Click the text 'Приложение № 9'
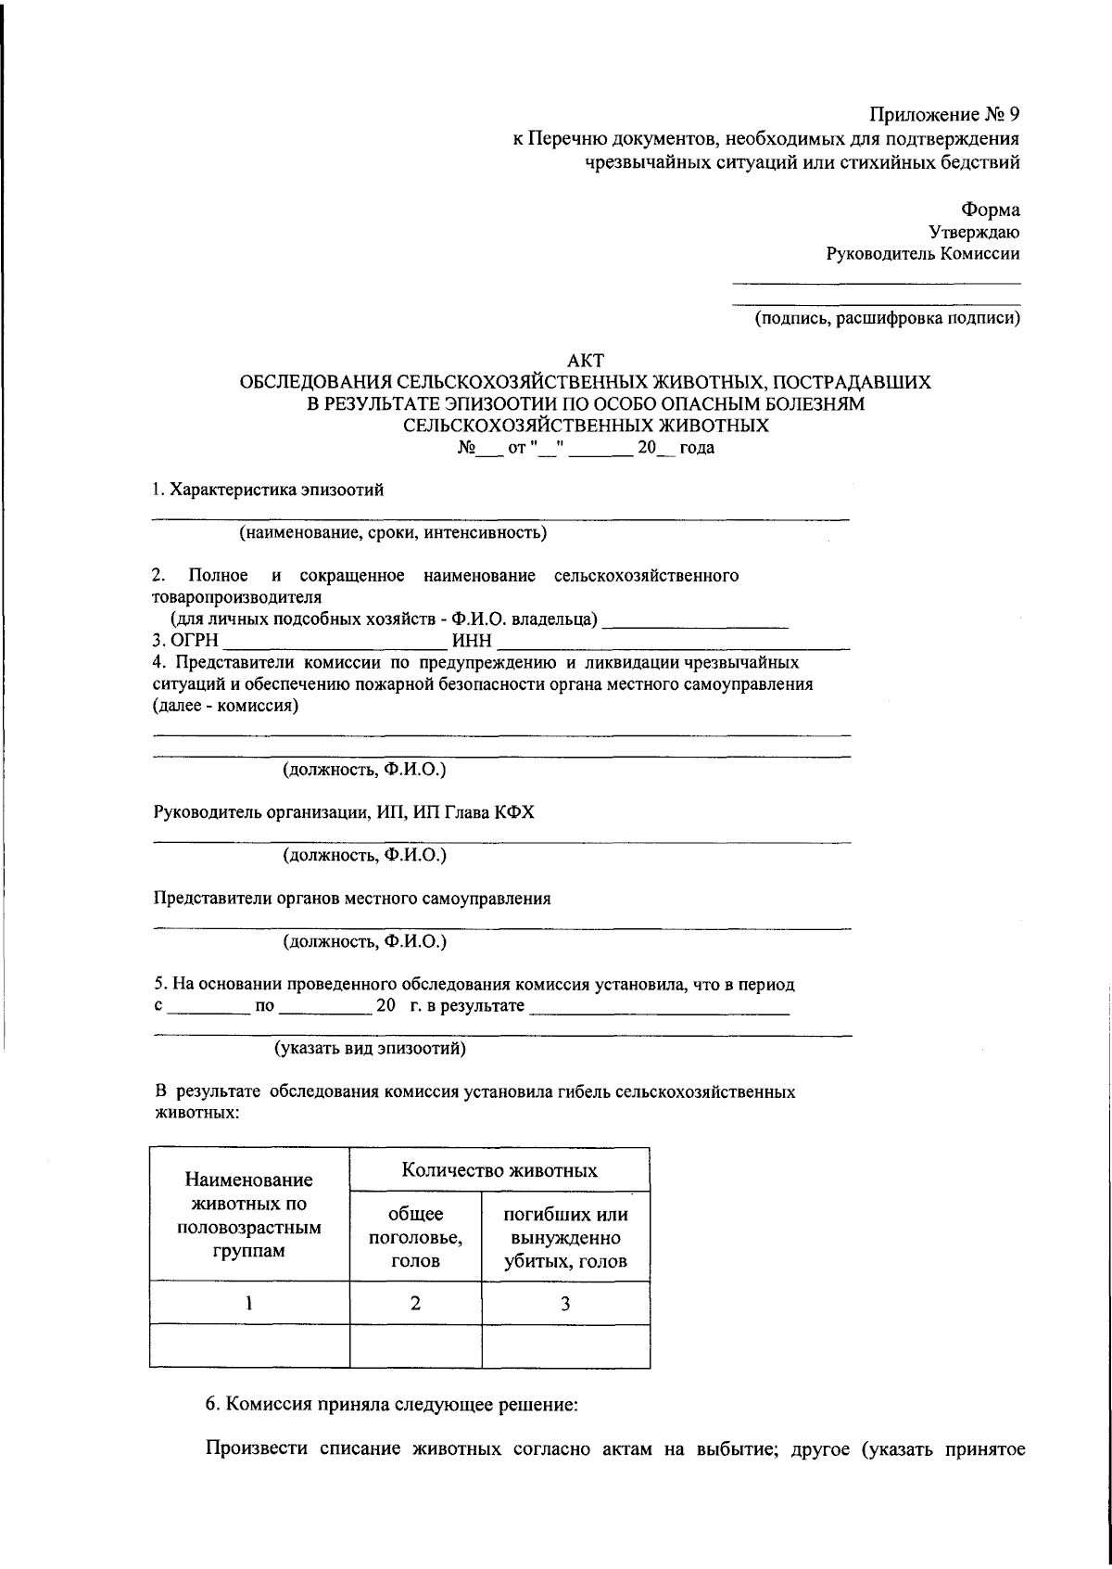(943, 115)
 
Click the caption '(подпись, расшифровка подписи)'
(886, 319)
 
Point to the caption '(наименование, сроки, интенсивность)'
(393, 532)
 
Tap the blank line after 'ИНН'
(673, 644)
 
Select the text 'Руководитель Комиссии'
(923, 253)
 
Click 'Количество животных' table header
(499, 1170)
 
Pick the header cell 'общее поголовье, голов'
(415, 1237)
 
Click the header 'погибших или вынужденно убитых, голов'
(565, 1237)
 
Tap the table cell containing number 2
(415, 1303)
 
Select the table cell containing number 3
(565, 1303)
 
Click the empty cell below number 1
(249, 1346)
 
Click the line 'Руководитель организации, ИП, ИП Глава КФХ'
(344, 812)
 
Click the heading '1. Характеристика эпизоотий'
(268, 491)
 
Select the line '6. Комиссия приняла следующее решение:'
(391, 1404)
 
